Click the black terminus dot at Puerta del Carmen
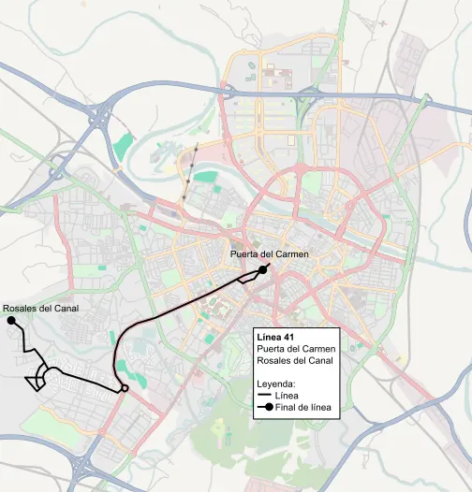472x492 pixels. click(x=264, y=268)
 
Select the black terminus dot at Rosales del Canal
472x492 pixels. click(x=12, y=321)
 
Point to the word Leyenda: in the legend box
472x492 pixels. click(x=276, y=384)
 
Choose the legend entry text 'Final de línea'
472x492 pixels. click(x=301, y=407)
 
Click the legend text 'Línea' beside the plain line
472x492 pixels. click(x=288, y=396)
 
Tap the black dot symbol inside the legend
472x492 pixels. click(x=268, y=407)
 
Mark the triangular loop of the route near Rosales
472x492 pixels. click(x=39, y=377)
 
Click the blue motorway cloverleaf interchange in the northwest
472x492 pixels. click(x=101, y=116)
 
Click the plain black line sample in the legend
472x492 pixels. click(x=263, y=396)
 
